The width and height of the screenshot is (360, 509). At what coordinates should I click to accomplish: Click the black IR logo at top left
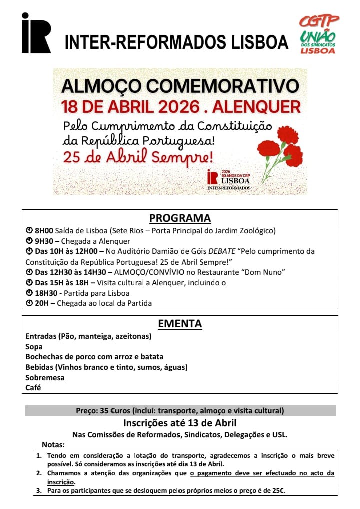36,33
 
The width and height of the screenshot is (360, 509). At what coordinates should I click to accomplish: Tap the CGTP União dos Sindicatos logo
318,34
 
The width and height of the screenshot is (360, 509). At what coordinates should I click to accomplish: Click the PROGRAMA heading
180,218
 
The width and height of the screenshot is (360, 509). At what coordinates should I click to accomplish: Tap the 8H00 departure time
44,230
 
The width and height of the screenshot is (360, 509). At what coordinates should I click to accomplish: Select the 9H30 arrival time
44,241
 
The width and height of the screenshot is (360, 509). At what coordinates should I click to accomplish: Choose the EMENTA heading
180,323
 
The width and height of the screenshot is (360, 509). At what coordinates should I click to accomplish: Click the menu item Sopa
34,346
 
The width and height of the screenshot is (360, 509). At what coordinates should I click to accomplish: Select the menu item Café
33,387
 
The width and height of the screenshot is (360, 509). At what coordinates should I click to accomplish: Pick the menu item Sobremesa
45,377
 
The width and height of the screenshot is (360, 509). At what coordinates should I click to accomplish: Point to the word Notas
53,444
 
